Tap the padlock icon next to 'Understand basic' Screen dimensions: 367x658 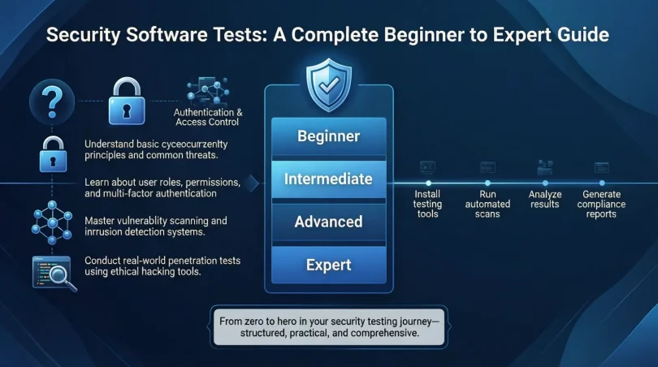pos(53,154)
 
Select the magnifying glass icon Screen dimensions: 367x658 pos(54,273)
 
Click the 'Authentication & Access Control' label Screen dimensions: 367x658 pos(208,117)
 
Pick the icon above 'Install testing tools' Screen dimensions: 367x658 pos(426,166)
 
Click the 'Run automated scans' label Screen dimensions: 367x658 pos(487,205)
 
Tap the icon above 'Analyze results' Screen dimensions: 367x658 pos(544,166)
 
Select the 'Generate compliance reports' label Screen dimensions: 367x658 pos(602,205)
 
